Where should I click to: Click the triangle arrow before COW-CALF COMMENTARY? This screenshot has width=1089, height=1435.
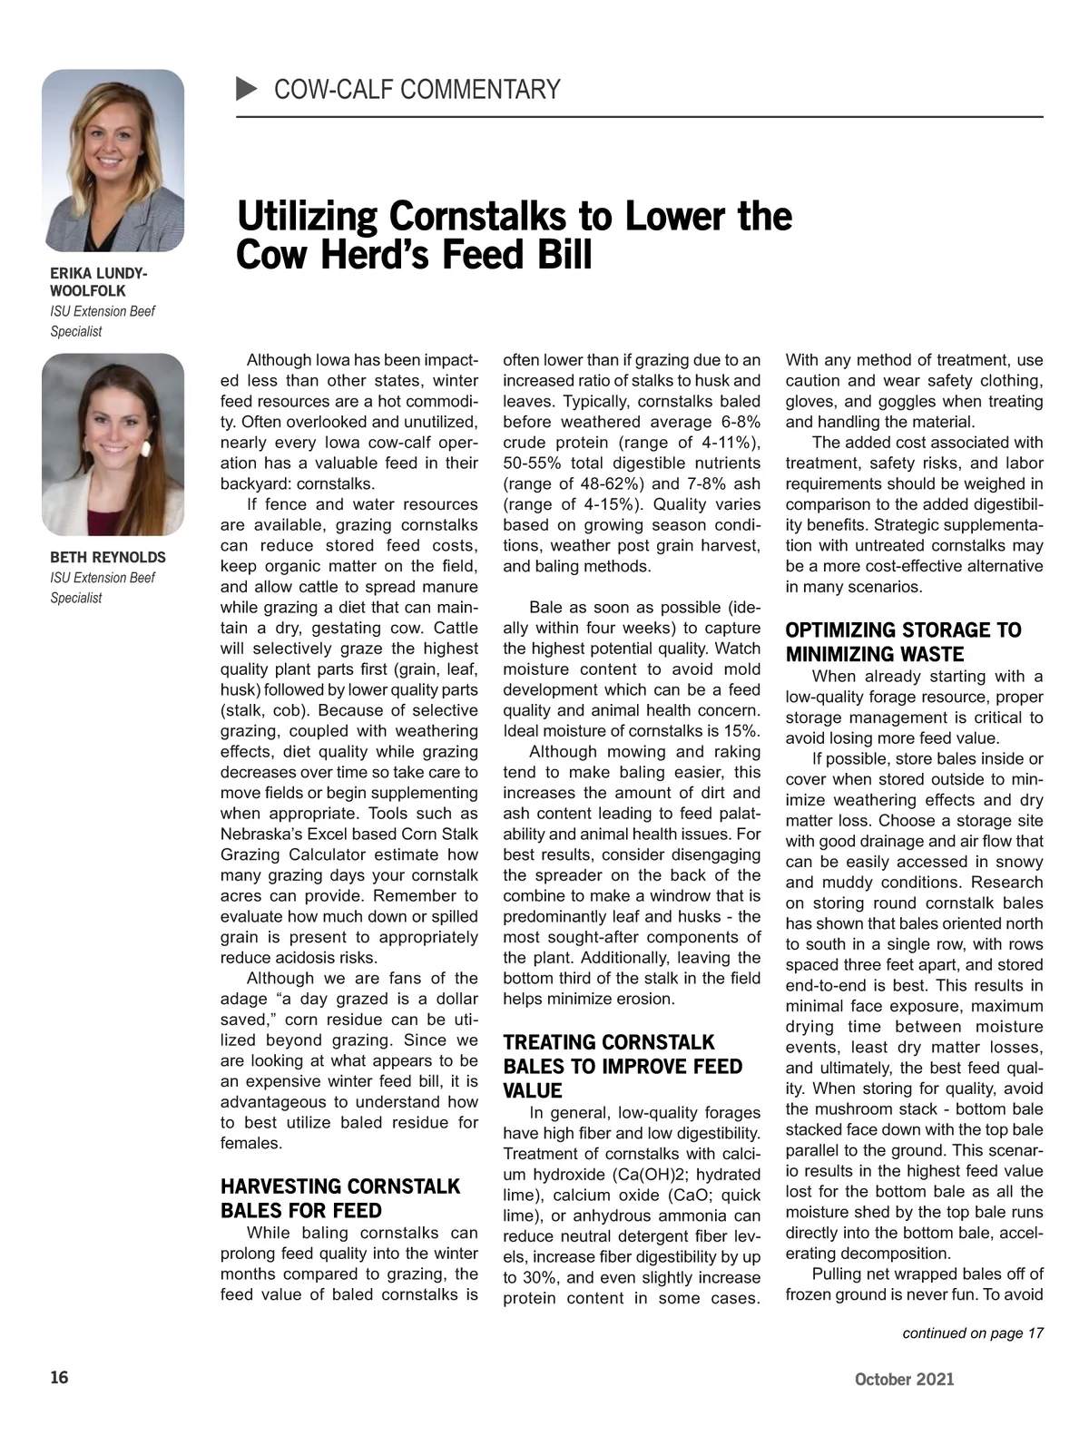247,89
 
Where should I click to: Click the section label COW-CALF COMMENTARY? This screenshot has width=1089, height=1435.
417,90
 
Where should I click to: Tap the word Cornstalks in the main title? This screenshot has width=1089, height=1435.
477,217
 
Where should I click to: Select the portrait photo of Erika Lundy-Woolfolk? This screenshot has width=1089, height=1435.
113,161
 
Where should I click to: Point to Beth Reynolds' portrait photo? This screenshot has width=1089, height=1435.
113,444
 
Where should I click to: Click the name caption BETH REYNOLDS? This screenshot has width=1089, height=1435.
108,557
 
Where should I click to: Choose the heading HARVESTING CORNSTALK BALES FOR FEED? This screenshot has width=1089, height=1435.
340,1198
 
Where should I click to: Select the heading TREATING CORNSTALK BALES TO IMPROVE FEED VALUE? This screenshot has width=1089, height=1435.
623,1066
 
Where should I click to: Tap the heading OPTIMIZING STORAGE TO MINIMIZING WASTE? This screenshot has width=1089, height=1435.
903,642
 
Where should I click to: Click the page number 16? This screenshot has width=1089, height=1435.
59,1378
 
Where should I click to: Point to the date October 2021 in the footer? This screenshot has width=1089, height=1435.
904,1380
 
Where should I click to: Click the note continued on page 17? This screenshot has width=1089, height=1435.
973,1332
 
